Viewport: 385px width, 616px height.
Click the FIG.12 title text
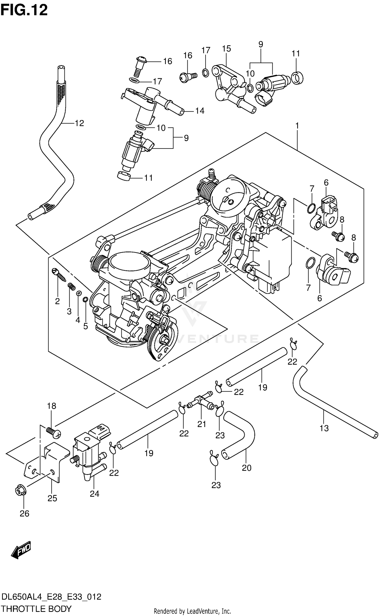(24, 10)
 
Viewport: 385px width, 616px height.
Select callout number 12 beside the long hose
(79, 123)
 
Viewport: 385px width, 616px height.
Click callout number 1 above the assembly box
(297, 126)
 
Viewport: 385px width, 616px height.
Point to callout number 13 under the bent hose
(324, 428)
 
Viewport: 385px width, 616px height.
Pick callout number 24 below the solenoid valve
(94, 494)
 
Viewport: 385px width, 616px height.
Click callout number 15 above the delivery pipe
(226, 48)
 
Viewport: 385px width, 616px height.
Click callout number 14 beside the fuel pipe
(200, 111)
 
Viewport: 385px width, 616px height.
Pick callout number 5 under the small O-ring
(85, 326)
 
